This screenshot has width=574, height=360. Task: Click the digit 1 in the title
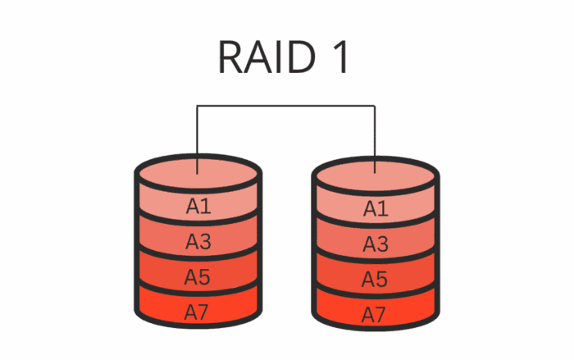coord(343,58)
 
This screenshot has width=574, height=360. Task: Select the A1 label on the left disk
coord(198,207)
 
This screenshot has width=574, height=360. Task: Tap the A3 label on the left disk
coord(198,241)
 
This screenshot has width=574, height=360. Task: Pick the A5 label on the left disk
coord(198,276)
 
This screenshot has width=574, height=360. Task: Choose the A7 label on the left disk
coord(198,311)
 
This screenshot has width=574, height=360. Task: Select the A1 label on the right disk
coord(376,208)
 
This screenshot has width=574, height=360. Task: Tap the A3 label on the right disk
coord(376,243)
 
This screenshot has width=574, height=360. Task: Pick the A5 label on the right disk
coord(376,277)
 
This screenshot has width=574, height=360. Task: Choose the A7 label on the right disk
coord(376,312)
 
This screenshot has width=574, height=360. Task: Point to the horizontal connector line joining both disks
coord(286,106)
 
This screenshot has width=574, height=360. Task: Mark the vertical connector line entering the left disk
coord(198,139)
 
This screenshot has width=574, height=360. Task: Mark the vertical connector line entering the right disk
coord(376,139)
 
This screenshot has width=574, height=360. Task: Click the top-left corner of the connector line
coord(198,106)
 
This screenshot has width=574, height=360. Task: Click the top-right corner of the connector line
coord(376,106)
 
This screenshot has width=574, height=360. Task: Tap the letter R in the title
coord(231,58)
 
